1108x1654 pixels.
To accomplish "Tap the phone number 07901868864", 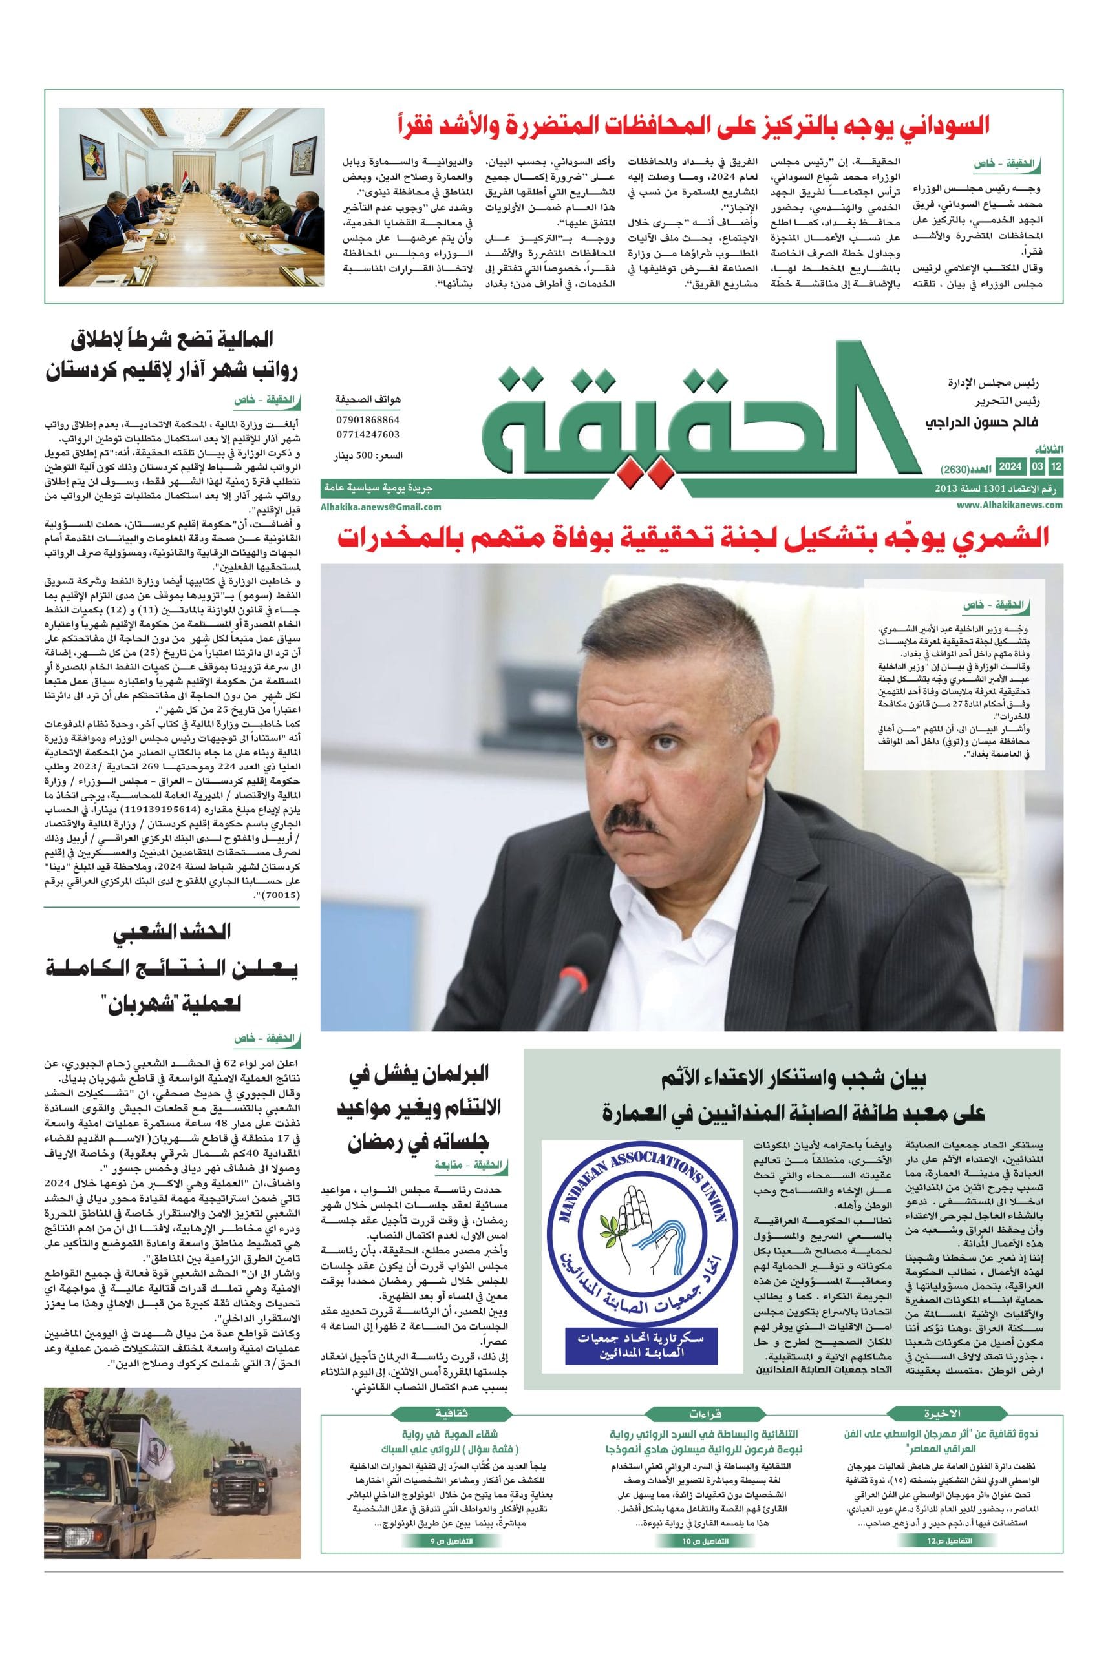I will click(x=367, y=419).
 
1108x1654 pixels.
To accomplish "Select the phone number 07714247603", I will click(x=367, y=434).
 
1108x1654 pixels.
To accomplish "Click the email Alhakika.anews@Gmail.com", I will click(x=381, y=507).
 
